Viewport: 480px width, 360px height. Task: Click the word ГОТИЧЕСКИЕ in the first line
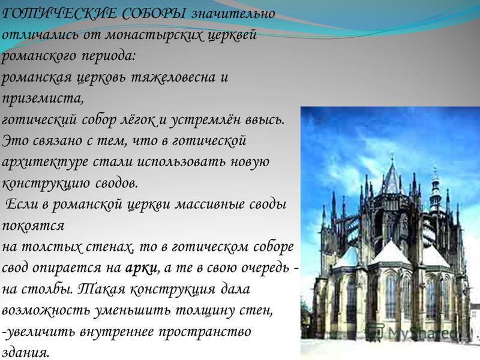point(59,14)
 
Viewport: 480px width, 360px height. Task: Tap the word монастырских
point(155,35)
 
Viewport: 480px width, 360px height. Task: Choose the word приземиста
point(43,99)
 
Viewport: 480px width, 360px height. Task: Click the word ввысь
point(265,120)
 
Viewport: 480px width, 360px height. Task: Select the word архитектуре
point(44,162)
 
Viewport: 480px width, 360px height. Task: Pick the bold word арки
point(142,268)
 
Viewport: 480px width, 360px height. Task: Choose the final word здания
point(25,353)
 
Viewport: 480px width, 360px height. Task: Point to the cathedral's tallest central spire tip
point(392,154)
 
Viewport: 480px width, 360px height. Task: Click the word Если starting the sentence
point(22,204)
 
